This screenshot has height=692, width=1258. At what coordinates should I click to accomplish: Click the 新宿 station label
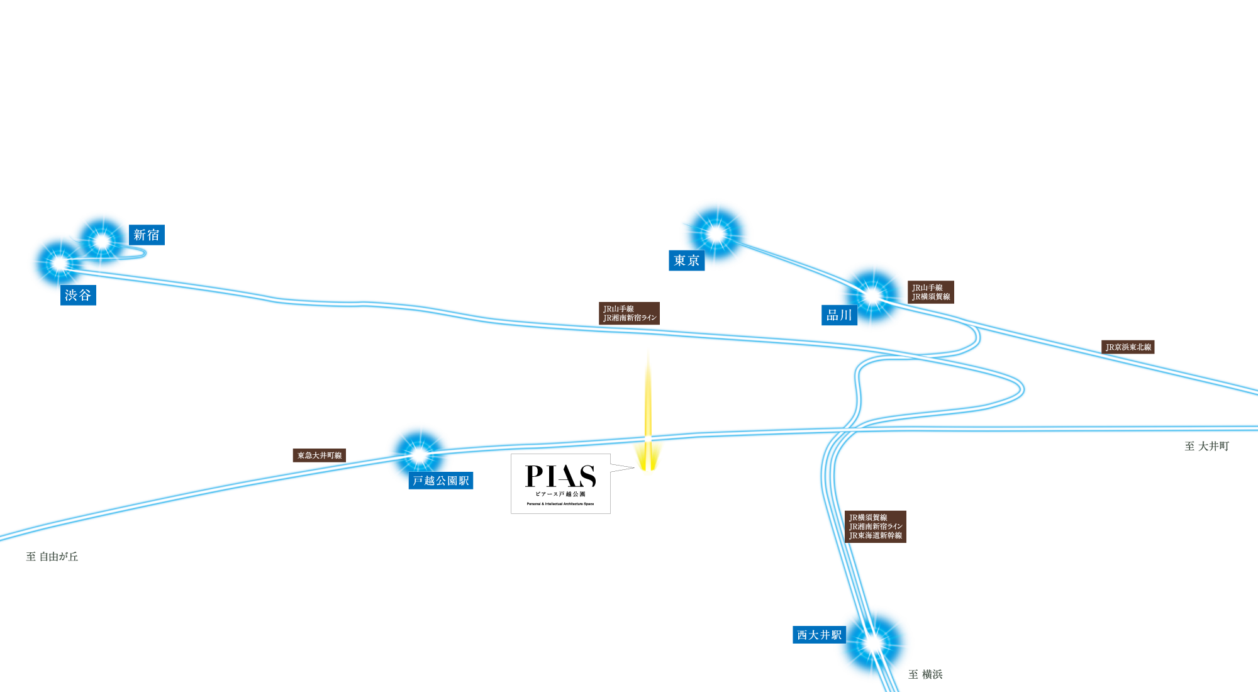(147, 235)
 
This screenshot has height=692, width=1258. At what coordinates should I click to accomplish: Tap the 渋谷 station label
(78, 295)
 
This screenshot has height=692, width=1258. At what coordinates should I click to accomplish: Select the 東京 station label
(686, 260)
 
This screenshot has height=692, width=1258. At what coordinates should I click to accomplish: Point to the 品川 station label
(839, 315)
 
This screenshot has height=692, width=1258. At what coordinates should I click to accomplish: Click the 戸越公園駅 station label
(441, 481)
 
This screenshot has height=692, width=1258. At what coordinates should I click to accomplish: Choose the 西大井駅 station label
(819, 635)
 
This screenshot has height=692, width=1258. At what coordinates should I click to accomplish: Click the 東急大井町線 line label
(320, 455)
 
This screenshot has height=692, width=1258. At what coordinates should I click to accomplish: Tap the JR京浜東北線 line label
(1128, 347)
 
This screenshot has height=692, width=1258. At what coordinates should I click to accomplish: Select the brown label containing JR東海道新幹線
(875, 527)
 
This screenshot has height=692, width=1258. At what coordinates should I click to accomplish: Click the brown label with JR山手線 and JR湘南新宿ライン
(629, 313)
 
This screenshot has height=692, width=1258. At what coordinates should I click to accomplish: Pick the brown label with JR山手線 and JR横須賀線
(931, 292)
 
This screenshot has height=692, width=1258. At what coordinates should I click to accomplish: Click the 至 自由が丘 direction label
(52, 556)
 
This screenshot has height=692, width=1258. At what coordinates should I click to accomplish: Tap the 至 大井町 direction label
(1206, 446)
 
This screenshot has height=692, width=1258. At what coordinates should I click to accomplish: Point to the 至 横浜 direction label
(925, 674)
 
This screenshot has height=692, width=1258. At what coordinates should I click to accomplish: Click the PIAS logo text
(560, 476)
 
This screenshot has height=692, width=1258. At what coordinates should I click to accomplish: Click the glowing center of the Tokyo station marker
(716, 234)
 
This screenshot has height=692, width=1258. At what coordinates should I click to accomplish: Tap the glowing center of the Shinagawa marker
(872, 295)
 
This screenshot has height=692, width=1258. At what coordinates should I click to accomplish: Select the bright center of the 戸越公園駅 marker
(420, 454)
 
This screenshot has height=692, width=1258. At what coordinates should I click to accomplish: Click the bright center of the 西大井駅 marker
(873, 643)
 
